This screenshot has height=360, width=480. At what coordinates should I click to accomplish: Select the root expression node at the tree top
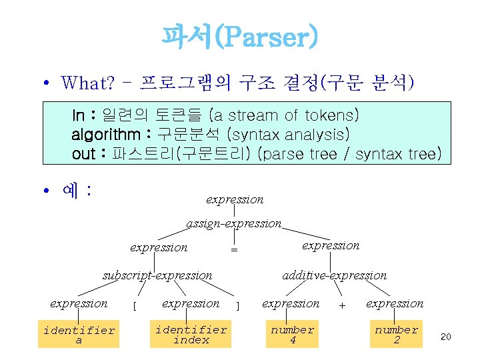pyautogui.click(x=235, y=199)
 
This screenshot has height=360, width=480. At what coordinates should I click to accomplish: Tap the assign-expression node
pyautogui.click(x=234, y=224)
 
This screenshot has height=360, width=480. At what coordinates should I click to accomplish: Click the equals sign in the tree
pyautogui.click(x=234, y=249)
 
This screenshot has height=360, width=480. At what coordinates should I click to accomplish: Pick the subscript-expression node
pyautogui.click(x=157, y=275)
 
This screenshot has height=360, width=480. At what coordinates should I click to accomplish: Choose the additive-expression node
pyautogui.click(x=334, y=275)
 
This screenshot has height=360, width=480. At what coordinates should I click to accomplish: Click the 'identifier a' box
pyautogui.click(x=79, y=335)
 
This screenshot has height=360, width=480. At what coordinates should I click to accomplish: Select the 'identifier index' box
pyautogui.click(x=191, y=335)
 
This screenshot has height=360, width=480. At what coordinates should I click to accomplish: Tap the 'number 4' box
pyautogui.click(x=292, y=335)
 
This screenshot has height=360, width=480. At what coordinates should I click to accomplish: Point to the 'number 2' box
pyautogui.click(x=396, y=335)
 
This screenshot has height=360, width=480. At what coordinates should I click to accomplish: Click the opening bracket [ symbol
pyautogui.click(x=135, y=306)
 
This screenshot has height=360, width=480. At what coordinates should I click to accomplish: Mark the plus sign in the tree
pyautogui.click(x=342, y=305)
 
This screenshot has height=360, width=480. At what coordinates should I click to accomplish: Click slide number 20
pyautogui.click(x=446, y=337)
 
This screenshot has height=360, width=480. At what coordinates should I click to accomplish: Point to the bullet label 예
pyautogui.click(x=70, y=191)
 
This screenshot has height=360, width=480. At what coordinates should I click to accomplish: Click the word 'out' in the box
pyautogui.click(x=83, y=154)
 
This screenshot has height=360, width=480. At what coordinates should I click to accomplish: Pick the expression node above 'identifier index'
pyautogui.click(x=191, y=303)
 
